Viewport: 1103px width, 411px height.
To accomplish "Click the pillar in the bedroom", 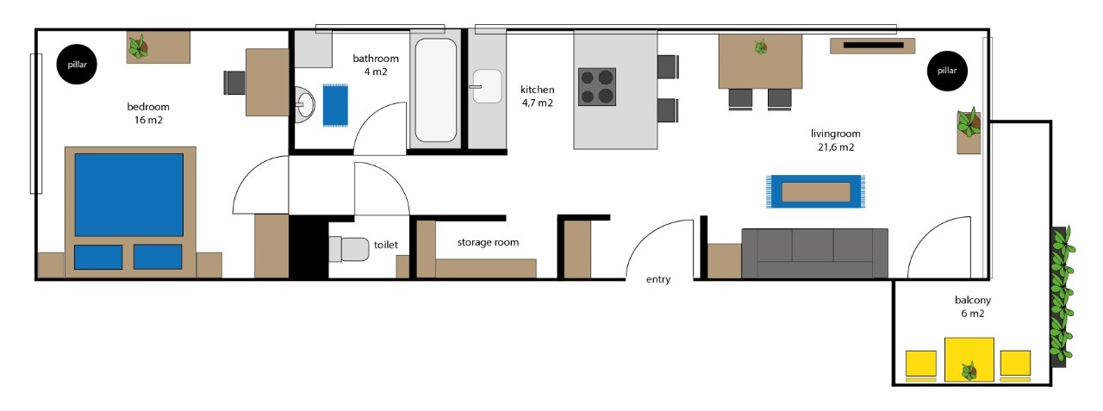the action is pos(77,64).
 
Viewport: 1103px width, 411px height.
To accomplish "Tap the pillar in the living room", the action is pos(947,71).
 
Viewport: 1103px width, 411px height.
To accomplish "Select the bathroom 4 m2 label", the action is pos(376,65).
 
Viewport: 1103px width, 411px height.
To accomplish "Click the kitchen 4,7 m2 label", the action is pos(537,96).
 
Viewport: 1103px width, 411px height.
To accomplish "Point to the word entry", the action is pos(658,279).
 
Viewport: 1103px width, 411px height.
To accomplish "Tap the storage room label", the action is pos(488,242).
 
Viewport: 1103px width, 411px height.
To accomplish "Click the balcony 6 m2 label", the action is pos(973,307).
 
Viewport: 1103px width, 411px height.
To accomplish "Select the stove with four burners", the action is pos(597,87).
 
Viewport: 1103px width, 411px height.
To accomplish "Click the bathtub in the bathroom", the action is pos(436,90).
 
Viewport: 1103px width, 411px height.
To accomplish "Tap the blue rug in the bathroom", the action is pos(335,105).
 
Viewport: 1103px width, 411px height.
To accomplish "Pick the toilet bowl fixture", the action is pos(349,249).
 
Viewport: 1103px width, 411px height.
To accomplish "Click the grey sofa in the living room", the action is pos(815,253).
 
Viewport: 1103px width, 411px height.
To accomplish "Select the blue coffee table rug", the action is pos(815,191).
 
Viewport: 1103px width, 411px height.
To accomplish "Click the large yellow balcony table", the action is pos(969,359).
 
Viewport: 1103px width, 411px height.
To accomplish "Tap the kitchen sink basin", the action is pos(487,86).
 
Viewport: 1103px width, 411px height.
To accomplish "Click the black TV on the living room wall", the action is pos(873,46).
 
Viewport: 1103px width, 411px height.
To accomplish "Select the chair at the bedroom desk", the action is pos(234,82).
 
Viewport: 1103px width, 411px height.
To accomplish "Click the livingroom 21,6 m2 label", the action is pos(836,140).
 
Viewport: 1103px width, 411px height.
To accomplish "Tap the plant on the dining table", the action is pos(761,47).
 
